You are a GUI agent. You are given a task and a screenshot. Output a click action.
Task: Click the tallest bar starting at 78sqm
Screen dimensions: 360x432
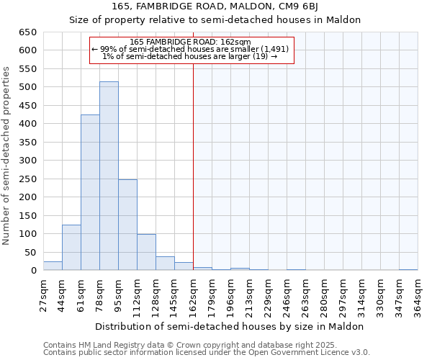109,176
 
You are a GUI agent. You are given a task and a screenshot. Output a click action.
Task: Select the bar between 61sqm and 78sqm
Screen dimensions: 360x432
90,193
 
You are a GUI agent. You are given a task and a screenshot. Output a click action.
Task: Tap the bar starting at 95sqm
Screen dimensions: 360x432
127,225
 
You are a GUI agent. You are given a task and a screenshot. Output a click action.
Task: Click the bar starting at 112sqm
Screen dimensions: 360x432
146,252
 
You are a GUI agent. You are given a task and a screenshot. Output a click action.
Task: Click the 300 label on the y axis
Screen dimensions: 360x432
28,161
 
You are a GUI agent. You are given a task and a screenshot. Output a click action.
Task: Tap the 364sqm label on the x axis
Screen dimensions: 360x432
418,295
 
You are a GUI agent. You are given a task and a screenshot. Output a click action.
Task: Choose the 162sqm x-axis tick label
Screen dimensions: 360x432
193,295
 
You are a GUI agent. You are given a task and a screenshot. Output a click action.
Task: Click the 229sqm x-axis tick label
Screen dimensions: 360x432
268,295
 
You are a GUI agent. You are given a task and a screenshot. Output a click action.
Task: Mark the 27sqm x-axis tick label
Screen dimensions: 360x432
43,295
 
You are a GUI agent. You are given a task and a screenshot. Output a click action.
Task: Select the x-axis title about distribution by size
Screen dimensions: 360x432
229,326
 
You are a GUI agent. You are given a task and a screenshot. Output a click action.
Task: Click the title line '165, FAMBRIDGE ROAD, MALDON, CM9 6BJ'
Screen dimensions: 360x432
215,7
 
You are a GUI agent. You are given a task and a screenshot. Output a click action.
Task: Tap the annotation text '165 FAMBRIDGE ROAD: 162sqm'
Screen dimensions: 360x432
192,42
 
